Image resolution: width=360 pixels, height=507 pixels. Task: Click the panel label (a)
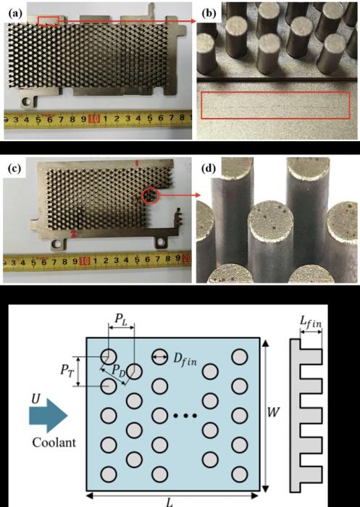pyautogui.click(x=16, y=13)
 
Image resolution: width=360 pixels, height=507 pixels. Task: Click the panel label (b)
pyautogui.click(x=209, y=13)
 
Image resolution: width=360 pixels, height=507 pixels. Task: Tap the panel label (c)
pyautogui.click(x=14, y=169)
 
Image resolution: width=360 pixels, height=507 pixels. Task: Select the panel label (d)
pyautogui.click(x=209, y=169)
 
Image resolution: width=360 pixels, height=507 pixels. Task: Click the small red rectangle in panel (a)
pyautogui.click(x=49, y=21)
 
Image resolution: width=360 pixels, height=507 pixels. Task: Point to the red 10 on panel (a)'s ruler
pyautogui.click(x=93, y=119)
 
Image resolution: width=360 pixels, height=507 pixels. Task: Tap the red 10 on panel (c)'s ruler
pyautogui.click(x=85, y=260)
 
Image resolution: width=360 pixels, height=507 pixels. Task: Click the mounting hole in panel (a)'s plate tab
pyautogui.click(x=28, y=101)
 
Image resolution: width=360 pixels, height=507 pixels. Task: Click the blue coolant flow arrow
pyautogui.click(x=49, y=415)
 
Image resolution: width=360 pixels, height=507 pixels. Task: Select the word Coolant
pyautogui.click(x=54, y=442)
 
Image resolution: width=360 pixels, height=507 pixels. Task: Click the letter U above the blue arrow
pyautogui.click(x=35, y=399)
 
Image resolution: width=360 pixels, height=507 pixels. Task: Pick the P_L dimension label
pyautogui.click(x=122, y=319)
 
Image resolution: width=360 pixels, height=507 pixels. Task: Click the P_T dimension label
pyautogui.click(x=67, y=371)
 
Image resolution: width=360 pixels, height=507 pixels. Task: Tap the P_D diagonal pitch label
pyautogui.click(x=119, y=371)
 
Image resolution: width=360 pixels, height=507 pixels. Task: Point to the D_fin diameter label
pyautogui.click(x=185, y=359)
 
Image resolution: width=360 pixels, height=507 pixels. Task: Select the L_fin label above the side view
pyautogui.click(x=311, y=322)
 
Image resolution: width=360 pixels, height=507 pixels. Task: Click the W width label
pyautogui.click(x=273, y=412)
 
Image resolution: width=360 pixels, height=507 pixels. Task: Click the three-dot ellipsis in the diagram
pyautogui.click(x=185, y=416)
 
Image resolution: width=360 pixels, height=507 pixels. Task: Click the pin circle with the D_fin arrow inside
pyautogui.click(x=160, y=356)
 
